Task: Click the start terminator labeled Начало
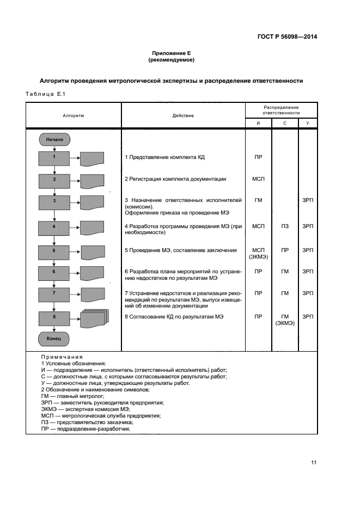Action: (x=54, y=139)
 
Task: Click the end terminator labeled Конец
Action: (x=54, y=339)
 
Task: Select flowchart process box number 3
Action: (x=54, y=201)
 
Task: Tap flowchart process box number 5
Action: (x=54, y=251)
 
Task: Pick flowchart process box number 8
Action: (x=54, y=316)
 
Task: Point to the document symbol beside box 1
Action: (x=92, y=159)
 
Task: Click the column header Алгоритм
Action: (x=73, y=115)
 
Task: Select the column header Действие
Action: (x=183, y=115)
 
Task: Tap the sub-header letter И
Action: (x=258, y=124)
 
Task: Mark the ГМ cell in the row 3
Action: (x=258, y=200)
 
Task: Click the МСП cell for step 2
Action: (x=258, y=179)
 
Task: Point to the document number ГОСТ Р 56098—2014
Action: (x=287, y=38)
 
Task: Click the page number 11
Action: (x=314, y=463)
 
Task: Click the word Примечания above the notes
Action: (x=62, y=357)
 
